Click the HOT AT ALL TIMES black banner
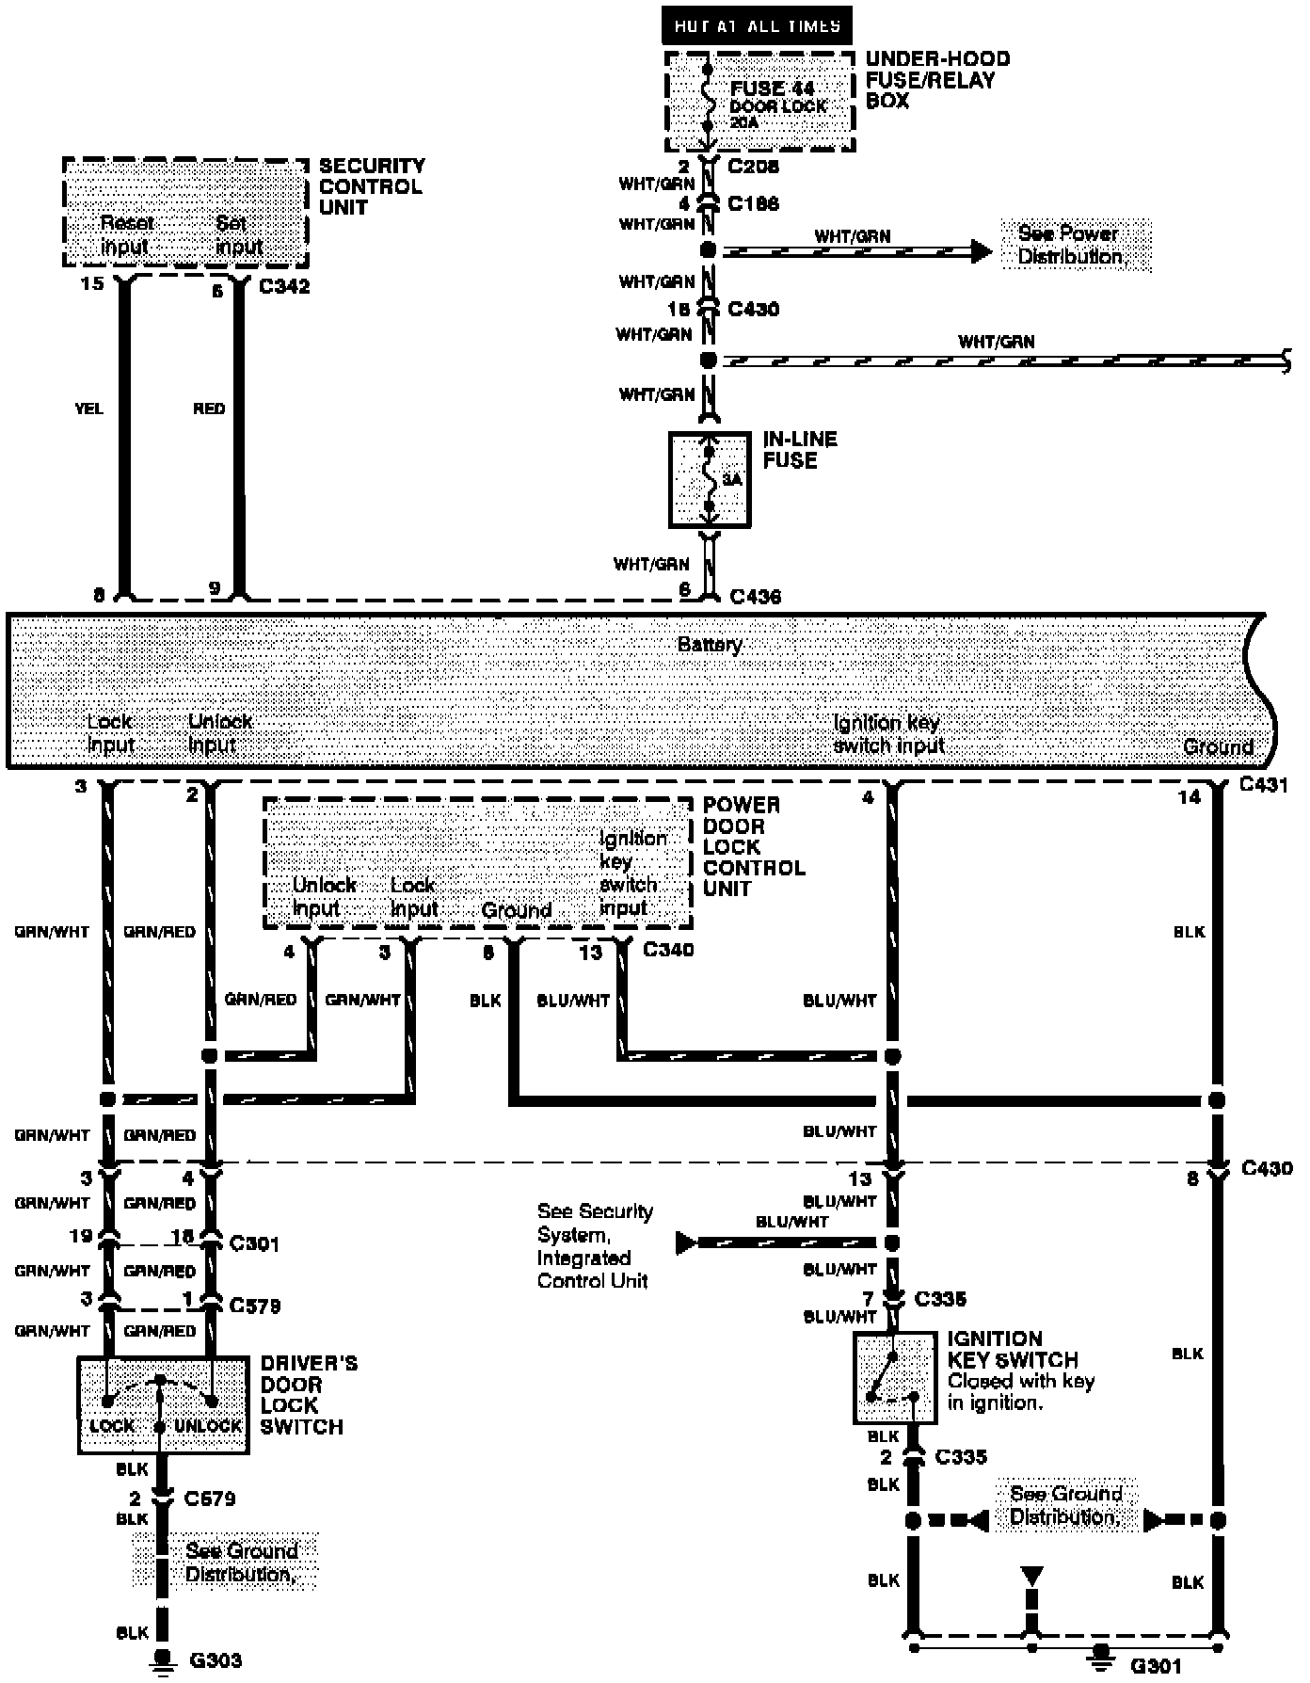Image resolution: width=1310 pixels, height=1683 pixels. (757, 25)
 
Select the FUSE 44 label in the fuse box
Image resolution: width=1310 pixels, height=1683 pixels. (772, 88)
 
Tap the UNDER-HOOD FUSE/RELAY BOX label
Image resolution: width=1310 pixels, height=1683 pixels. (936, 80)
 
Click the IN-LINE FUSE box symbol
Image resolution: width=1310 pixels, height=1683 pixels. (710, 479)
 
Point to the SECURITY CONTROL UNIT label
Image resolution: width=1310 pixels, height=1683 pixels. (371, 186)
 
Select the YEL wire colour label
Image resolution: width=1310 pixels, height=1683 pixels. (88, 409)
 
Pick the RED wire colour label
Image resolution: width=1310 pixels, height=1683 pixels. (209, 409)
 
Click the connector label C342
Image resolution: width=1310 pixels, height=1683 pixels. (283, 286)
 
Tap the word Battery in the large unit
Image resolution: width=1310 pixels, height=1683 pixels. (710, 645)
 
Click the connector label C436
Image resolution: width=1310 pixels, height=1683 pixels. (755, 596)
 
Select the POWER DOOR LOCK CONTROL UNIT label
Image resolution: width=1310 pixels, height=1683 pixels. (753, 846)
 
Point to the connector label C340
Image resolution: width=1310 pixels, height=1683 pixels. (668, 950)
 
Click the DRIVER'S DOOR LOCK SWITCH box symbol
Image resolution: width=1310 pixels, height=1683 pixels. (163, 1404)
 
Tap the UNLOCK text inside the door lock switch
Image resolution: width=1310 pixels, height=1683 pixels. (208, 1426)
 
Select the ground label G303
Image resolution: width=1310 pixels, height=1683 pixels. (216, 1660)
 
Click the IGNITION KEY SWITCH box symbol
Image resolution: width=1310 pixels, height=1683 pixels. (894, 1377)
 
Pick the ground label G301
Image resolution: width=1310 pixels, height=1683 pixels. (1155, 1666)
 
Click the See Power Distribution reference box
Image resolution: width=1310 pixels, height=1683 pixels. (1071, 245)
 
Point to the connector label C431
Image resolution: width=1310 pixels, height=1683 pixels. (1263, 784)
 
